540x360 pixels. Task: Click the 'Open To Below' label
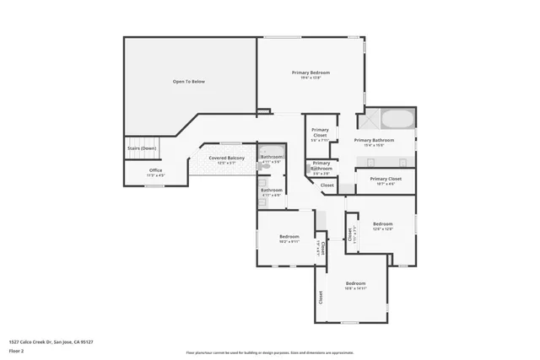pos(189,82)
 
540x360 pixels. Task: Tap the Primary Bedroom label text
pos(310,73)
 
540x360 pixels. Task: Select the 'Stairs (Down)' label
pos(142,148)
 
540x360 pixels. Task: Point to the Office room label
pos(156,170)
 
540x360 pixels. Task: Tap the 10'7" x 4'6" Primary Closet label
pos(385,180)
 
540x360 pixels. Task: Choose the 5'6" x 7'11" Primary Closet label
pos(320,133)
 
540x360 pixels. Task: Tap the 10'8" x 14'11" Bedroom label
pos(355,283)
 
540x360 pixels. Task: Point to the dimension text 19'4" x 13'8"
pos(310,78)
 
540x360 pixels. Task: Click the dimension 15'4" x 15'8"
pos(374,145)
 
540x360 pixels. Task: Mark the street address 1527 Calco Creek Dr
pos(51,342)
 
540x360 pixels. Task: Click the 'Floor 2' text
pos(18,351)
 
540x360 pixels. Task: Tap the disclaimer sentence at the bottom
pos(270,352)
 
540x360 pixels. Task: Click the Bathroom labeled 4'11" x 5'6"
pos(272,158)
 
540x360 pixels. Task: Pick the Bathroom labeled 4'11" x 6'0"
pos(272,191)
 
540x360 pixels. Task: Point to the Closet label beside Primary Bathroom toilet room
pos(327,185)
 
